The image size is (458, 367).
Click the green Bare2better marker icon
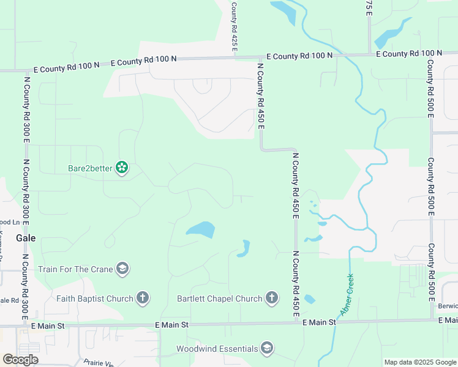[x=122, y=168]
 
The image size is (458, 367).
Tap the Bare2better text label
[x=90, y=168]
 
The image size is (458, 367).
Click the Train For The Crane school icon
[x=122, y=269]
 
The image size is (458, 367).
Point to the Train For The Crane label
[x=75, y=269]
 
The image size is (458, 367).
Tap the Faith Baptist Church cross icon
[x=142, y=298]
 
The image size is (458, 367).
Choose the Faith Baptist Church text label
[x=95, y=298]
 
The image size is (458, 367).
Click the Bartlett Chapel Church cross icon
[x=272, y=298]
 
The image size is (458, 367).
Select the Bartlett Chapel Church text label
[x=220, y=298]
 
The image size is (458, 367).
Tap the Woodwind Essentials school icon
[x=266, y=349]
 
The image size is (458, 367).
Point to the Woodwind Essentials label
[x=217, y=349]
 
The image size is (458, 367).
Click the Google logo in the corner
[x=20, y=359]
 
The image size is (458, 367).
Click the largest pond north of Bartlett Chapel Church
[x=201, y=230]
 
